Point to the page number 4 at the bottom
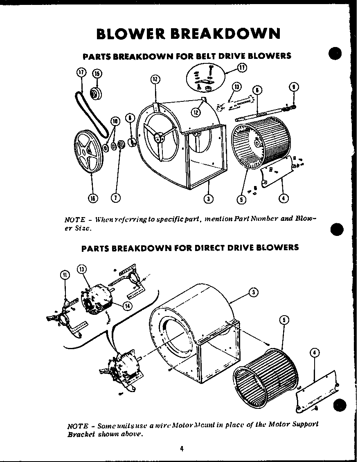pos(181,448)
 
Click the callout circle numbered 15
pos(97,74)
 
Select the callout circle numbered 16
pos(92,198)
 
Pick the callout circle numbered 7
pos(116,198)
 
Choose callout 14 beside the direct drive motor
pos(128,306)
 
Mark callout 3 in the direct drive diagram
pos(254,292)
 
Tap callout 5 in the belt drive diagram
pos(243,199)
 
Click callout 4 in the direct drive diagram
pos(315,353)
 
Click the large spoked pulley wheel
pos(88,153)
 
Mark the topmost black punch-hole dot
pos(335,54)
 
